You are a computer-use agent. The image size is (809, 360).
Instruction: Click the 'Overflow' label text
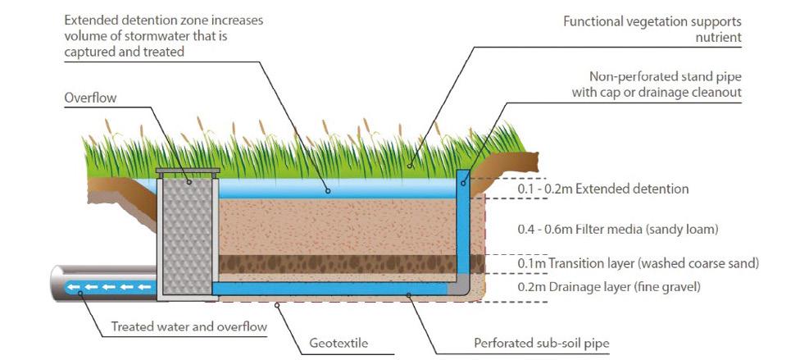point(90,98)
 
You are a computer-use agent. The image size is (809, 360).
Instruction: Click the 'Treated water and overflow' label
point(189,327)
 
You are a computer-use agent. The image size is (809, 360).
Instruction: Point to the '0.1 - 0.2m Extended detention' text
point(602,189)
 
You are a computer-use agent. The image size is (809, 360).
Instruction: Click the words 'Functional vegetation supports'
point(653,21)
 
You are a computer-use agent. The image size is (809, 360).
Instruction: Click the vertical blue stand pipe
point(464,221)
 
